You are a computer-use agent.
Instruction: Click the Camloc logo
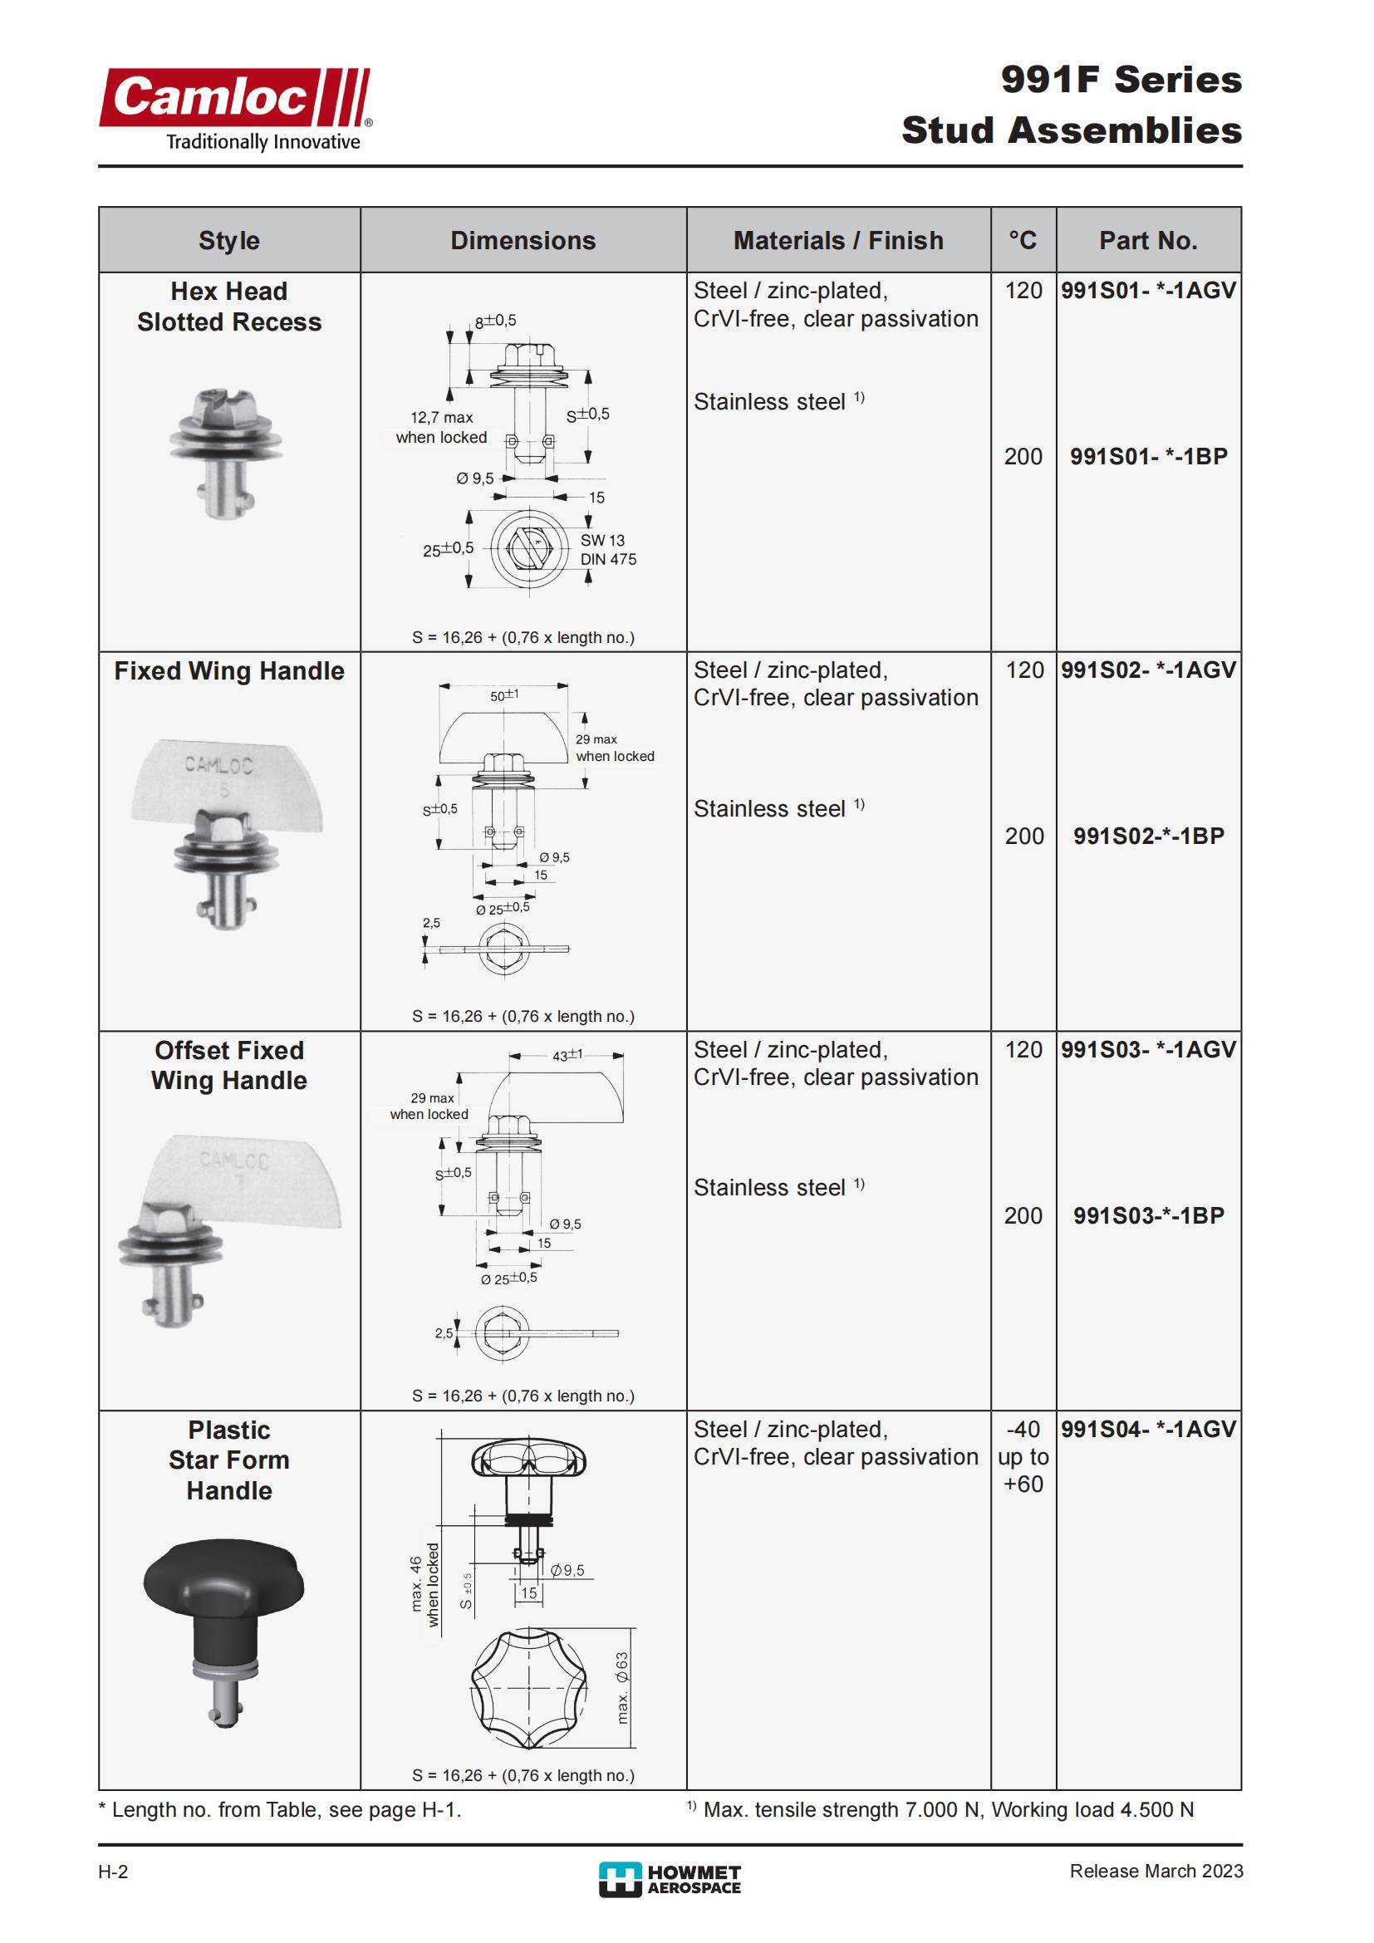pos(234,108)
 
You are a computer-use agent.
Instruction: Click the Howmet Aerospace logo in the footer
pos(670,1881)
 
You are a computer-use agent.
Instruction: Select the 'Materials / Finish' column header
pos(837,240)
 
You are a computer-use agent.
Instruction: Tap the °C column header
pos(1022,240)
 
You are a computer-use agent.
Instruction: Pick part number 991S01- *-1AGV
pos(1148,291)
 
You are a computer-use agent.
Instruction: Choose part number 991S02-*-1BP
pos(1148,837)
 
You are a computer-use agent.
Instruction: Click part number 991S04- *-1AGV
pos(1148,1430)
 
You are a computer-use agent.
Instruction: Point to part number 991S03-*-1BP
pos(1148,1216)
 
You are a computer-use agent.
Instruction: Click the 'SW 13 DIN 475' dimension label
pos(607,550)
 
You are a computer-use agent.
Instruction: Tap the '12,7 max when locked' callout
pos(442,427)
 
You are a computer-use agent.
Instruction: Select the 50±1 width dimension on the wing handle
pos(504,695)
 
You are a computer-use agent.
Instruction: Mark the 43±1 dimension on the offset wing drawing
pos(567,1055)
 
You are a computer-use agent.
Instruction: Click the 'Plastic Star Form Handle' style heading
pos(229,1460)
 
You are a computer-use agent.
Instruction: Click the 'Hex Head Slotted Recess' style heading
pos(229,307)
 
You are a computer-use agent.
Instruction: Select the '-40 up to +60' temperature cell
pos(1023,1456)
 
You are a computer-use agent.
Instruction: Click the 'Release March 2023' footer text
pos(1156,1871)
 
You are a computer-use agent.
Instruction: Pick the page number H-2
pos(113,1872)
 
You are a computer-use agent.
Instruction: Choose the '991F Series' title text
pos(1121,80)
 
